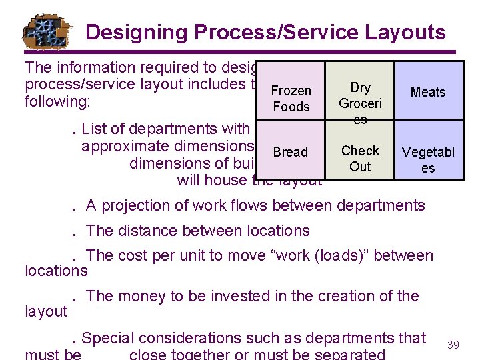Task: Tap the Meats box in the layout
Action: click(x=428, y=92)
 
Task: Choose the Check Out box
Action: click(x=360, y=158)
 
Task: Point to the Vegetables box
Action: click(x=428, y=160)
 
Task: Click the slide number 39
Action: click(x=453, y=345)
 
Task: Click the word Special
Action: click(x=107, y=339)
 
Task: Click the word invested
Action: click(x=253, y=296)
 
